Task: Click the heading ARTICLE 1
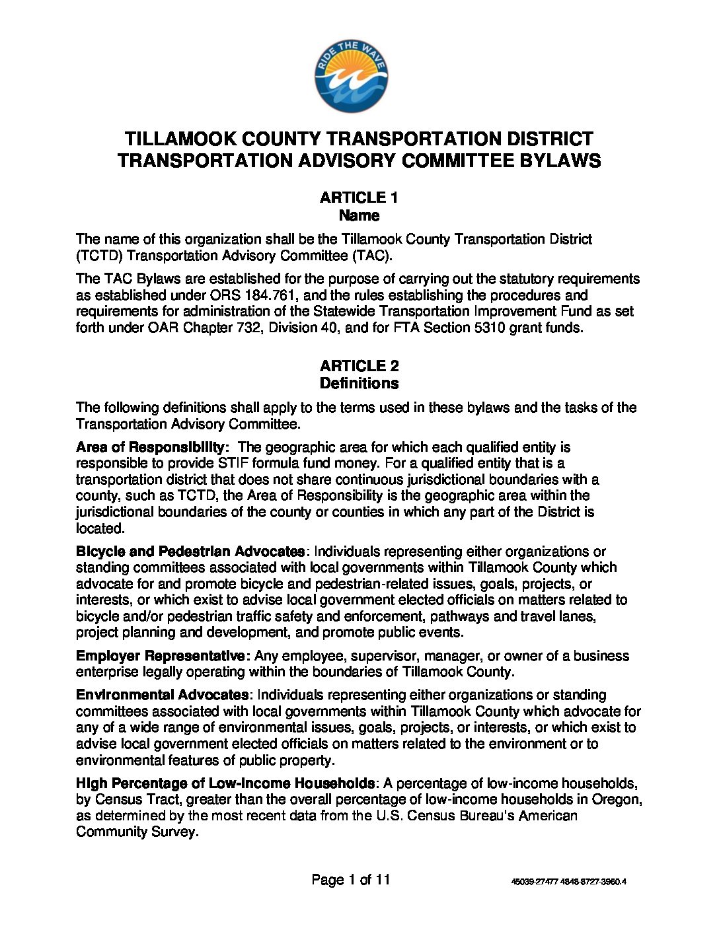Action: (x=359, y=197)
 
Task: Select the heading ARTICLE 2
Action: (x=359, y=366)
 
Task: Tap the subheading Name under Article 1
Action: (x=359, y=215)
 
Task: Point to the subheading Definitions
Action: (x=359, y=384)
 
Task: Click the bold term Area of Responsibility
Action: (x=153, y=447)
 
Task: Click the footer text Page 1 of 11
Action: (x=351, y=880)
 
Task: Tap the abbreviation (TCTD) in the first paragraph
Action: (x=98, y=256)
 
